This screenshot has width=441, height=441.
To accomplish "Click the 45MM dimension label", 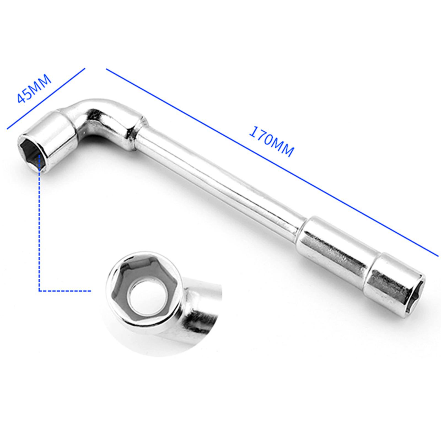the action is point(34,88).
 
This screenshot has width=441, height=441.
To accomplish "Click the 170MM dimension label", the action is point(271,141).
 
